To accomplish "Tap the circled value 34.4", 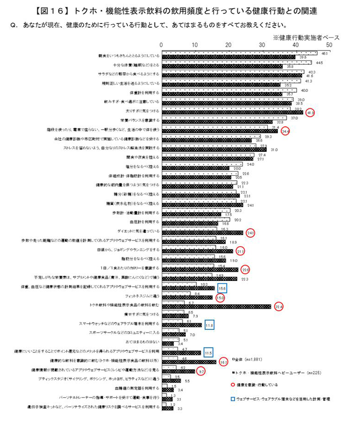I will click(285, 131).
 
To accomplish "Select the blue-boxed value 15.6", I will click(222, 288).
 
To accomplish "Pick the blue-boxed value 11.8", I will click(209, 325).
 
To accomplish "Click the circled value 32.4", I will click(278, 306).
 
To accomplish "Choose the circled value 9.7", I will click(202, 371).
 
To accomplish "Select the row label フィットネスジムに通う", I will click(141, 296).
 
